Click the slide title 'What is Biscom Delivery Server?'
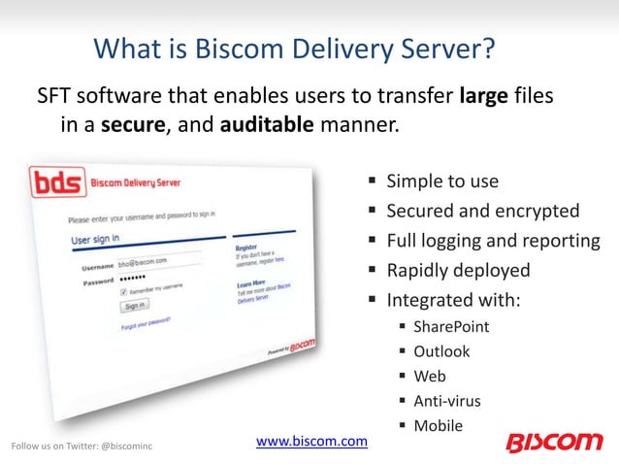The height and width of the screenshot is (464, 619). [x=309, y=47]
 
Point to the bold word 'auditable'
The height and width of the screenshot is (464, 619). [x=267, y=127]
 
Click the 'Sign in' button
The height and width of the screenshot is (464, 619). [x=134, y=306]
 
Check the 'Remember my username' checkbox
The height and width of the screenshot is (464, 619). [x=122, y=290]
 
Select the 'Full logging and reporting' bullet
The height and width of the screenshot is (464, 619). [x=493, y=240]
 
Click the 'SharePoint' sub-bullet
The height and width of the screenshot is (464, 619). [x=451, y=326]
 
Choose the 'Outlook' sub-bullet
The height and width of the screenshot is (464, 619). [x=441, y=351]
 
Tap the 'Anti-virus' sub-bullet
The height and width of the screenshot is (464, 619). [x=446, y=400]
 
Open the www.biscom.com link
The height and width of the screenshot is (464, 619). [x=311, y=442]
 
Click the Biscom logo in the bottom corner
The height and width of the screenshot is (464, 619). [x=554, y=442]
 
